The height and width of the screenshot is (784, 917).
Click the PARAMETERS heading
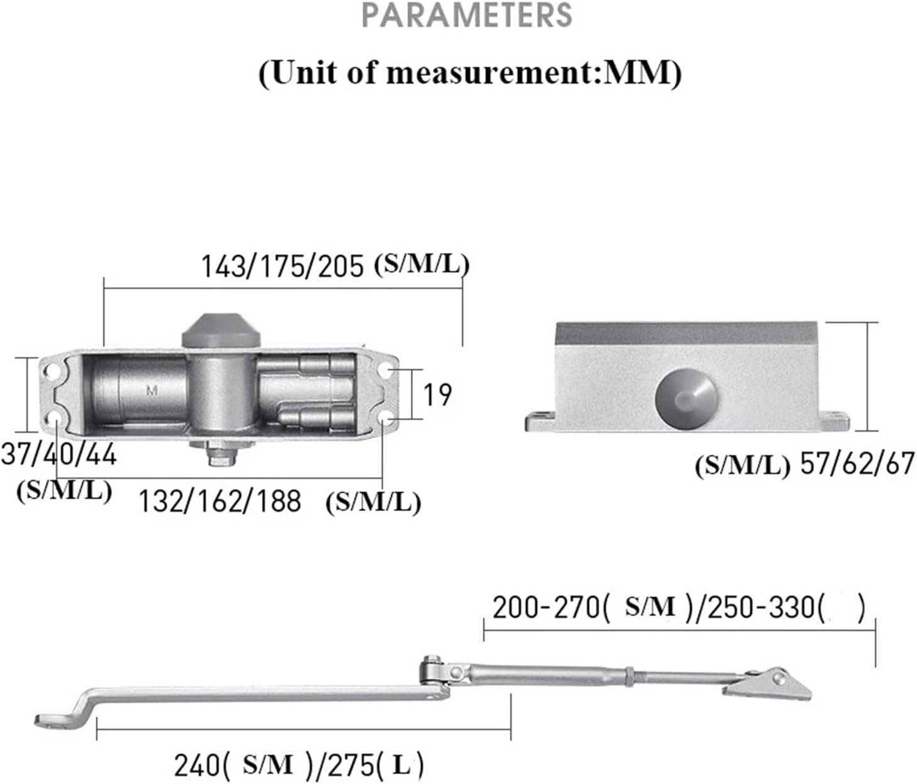[x=468, y=15]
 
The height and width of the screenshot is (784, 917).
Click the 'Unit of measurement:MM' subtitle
[x=470, y=73]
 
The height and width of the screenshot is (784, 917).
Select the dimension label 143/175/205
[x=282, y=266]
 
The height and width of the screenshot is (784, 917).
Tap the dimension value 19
[x=437, y=395]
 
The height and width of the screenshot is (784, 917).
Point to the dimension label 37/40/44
[x=59, y=454]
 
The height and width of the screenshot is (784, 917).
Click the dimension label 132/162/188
[x=220, y=501]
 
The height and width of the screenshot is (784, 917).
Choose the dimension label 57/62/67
[x=857, y=464]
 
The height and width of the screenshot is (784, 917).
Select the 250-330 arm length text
[x=762, y=608]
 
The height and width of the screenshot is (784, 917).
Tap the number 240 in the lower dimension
[x=197, y=766]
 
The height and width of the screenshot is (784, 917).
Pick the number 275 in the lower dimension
[x=352, y=766]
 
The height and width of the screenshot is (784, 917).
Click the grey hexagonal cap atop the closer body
[x=221, y=331]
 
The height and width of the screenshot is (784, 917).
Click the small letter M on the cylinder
[x=152, y=391]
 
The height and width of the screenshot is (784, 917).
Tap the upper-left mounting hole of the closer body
[x=53, y=372]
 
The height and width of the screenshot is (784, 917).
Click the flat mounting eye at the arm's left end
[x=53, y=720]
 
